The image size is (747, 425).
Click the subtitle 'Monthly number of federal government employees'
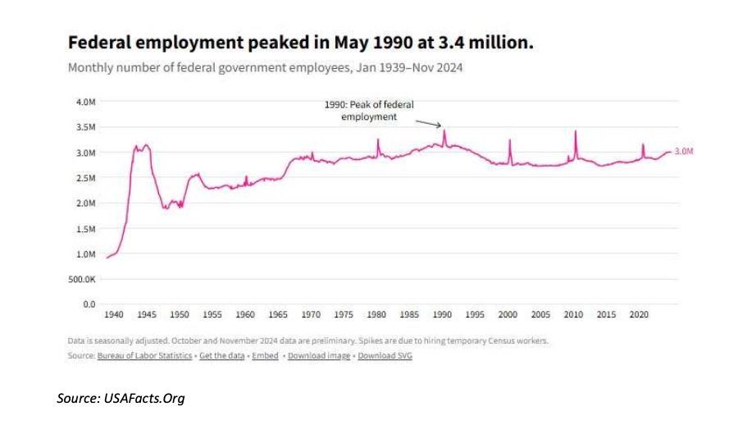click(x=265, y=67)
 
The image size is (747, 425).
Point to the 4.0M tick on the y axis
click(x=85, y=103)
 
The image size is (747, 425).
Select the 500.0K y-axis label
click(x=82, y=279)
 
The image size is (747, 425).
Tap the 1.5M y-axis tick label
click(x=85, y=229)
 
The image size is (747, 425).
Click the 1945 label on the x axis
click(x=147, y=314)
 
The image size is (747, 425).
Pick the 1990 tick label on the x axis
click(x=442, y=314)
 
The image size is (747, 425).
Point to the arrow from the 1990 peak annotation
click(x=427, y=123)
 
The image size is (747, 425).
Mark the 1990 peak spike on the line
click(x=444, y=130)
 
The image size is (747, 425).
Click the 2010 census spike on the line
click(x=576, y=131)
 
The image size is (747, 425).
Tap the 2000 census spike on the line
click(x=510, y=139)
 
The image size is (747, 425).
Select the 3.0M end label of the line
click(x=685, y=152)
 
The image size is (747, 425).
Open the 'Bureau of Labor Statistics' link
click(x=144, y=356)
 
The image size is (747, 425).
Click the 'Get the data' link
click(x=221, y=356)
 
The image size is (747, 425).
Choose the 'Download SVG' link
click(x=385, y=356)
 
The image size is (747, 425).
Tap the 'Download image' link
click(x=320, y=356)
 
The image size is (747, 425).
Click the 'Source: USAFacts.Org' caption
click(x=121, y=399)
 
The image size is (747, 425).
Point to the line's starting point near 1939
click(x=107, y=258)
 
